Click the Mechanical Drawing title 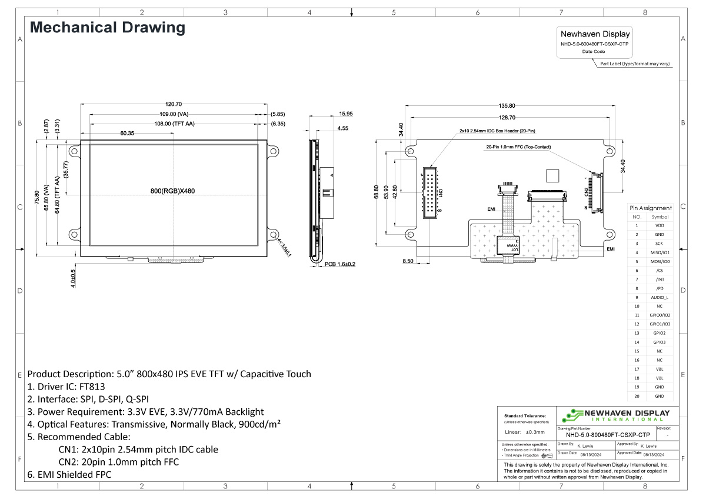tap(107, 28)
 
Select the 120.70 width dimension tap(175, 104)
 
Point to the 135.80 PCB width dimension tap(507, 106)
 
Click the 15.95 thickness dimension tap(346, 114)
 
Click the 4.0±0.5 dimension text tap(73, 278)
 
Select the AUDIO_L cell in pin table tap(659, 297)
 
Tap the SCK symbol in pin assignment tap(659, 243)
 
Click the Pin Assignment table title tap(650, 208)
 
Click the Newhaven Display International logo tap(616, 415)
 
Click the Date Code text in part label tap(594, 52)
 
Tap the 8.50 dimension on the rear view tap(407, 260)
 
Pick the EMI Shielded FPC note tap(69, 474)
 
